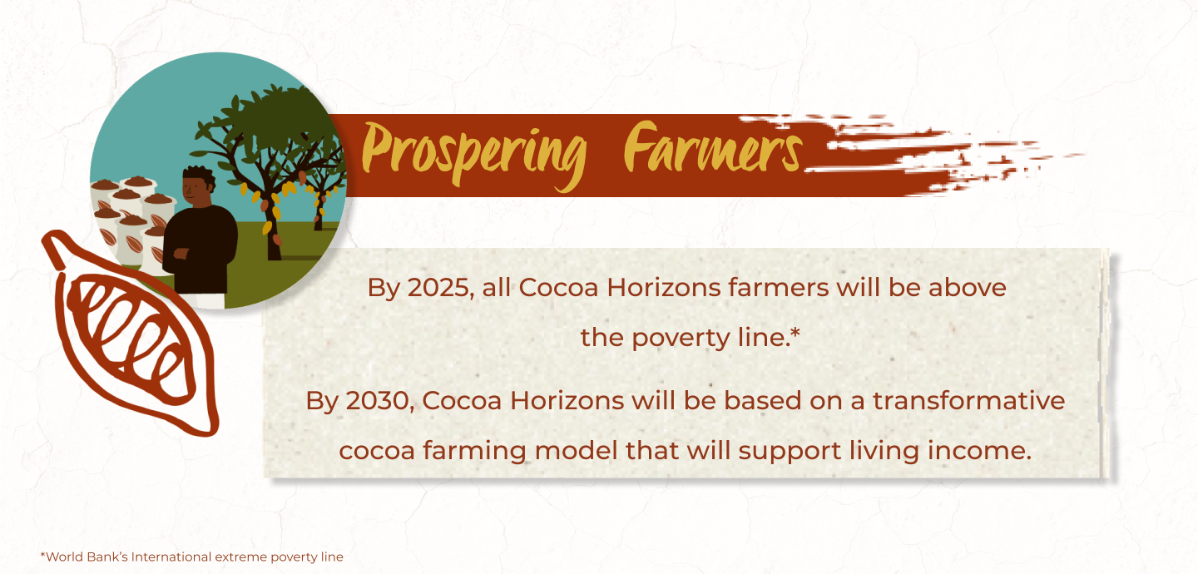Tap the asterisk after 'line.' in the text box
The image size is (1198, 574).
click(x=795, y=333)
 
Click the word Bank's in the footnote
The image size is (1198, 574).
click(x=107, y=557)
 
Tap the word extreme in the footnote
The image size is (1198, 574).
click(x=240, y=557)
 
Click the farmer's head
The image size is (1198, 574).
click(x=198, y=186)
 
